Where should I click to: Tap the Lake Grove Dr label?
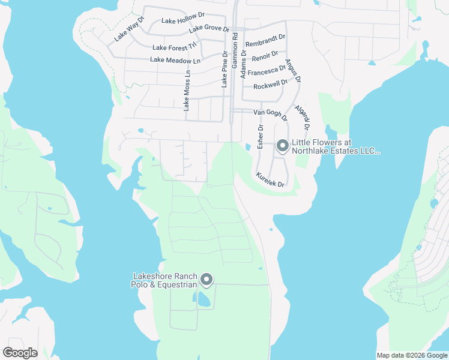209,29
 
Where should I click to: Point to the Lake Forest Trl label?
175,47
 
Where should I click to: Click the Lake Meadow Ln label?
175,60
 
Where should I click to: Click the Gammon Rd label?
235,44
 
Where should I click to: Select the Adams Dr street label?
244,64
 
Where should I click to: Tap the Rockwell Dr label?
271,85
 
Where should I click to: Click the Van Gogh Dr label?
271,112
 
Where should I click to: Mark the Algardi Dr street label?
301,118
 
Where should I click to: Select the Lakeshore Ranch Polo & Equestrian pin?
206,280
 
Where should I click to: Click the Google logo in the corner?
20,353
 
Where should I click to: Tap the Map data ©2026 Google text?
412,355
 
